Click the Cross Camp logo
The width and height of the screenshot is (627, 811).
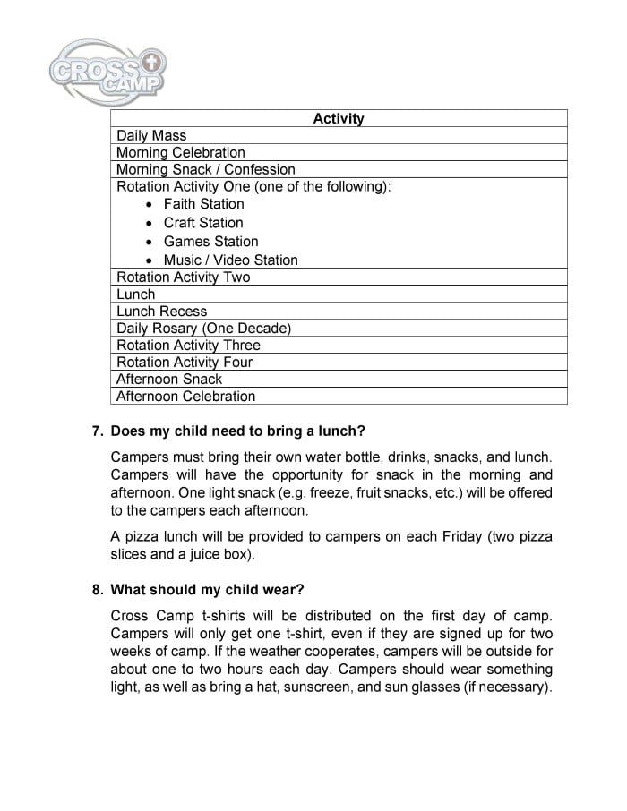(108, 69)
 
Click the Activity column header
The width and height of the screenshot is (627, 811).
(339, 118)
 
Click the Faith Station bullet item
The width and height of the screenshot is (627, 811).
(203, 204)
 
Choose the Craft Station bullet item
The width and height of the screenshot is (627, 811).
(203, 223)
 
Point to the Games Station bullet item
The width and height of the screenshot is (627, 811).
(210, 242)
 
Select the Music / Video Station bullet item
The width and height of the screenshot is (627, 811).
(230, 260)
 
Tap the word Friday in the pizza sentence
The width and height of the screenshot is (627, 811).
(468, 537)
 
